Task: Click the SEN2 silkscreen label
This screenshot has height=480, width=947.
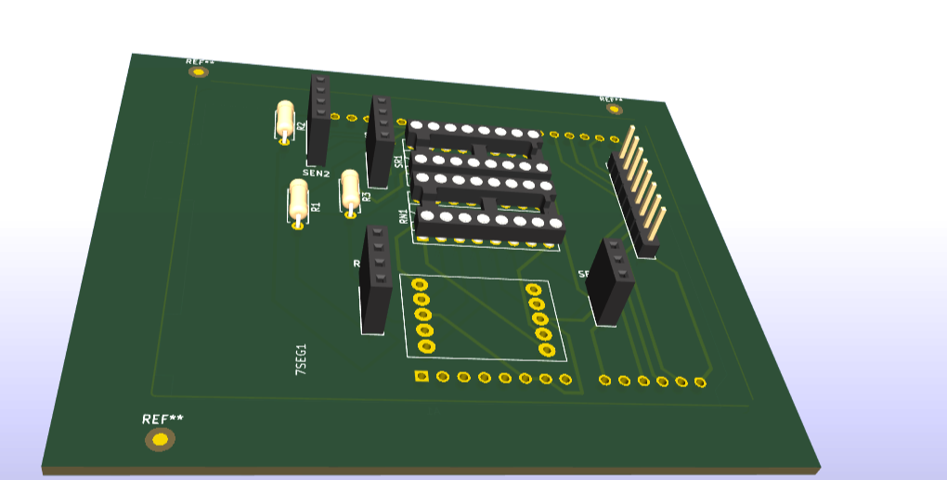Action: click(x=316, y=173)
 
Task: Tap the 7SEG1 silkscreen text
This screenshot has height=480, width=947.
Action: click(x=300, y=358)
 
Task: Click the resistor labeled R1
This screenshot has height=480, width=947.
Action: click(x=298, y=201)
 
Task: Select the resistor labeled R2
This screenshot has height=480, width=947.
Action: click(x=285, y=121)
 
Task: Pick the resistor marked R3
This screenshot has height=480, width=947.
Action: click(x=350, y=192)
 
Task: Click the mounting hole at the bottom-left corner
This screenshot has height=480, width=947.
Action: click(x=160, y=439)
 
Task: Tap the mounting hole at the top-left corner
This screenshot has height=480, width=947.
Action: click(x=197, y=71)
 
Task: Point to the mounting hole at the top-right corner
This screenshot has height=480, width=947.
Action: click(x=614, y=109)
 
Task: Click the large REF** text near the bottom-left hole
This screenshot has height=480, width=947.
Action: click(x=162, y=419)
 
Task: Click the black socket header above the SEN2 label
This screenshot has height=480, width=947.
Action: click(x=318, y=119)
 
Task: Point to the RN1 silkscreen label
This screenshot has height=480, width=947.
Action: click(x=403, y=217)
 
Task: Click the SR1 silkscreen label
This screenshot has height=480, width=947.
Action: click(x=399, y=161)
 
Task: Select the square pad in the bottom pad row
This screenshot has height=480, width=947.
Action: click(x=422, y=376)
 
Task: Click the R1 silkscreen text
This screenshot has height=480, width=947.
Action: click(x=316, y=207)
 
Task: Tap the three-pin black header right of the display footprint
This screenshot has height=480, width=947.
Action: click(x=611, y=280)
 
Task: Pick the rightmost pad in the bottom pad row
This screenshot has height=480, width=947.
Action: click(x=700, y=383)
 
